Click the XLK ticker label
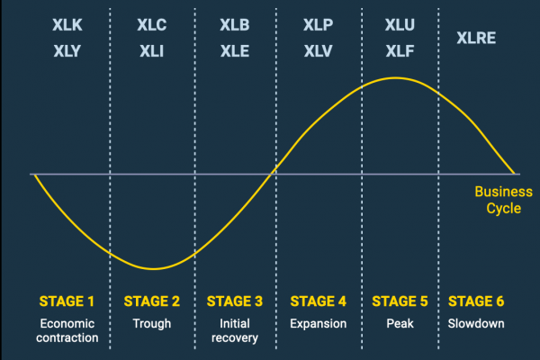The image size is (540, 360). [68, 25]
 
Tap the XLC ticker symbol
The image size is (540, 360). [151, 25]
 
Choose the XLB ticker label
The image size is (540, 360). [235, 25]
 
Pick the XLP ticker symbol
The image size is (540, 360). [318, 25]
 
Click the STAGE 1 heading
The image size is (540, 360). [68, 301]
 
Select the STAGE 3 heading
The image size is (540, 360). [235, 301]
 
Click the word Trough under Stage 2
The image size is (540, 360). [151, 322]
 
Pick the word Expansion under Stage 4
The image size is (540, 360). [318, 322]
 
